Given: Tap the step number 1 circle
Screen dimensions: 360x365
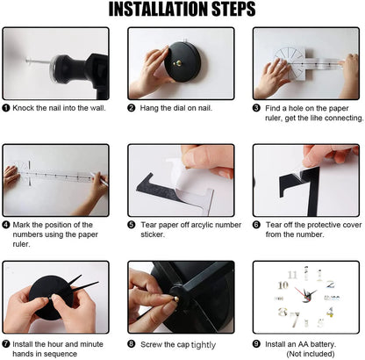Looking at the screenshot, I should pos(6,108).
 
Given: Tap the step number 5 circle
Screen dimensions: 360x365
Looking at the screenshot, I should pos(132,224).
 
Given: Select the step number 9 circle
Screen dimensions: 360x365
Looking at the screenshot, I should pos(257,343).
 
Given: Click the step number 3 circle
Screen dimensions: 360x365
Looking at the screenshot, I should pos(257,108).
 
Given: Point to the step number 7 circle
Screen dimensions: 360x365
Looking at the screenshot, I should pos(6,343).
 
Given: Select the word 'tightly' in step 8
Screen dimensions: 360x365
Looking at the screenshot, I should pos(203,344).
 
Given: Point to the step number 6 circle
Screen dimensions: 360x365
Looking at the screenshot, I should pos(257,224).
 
